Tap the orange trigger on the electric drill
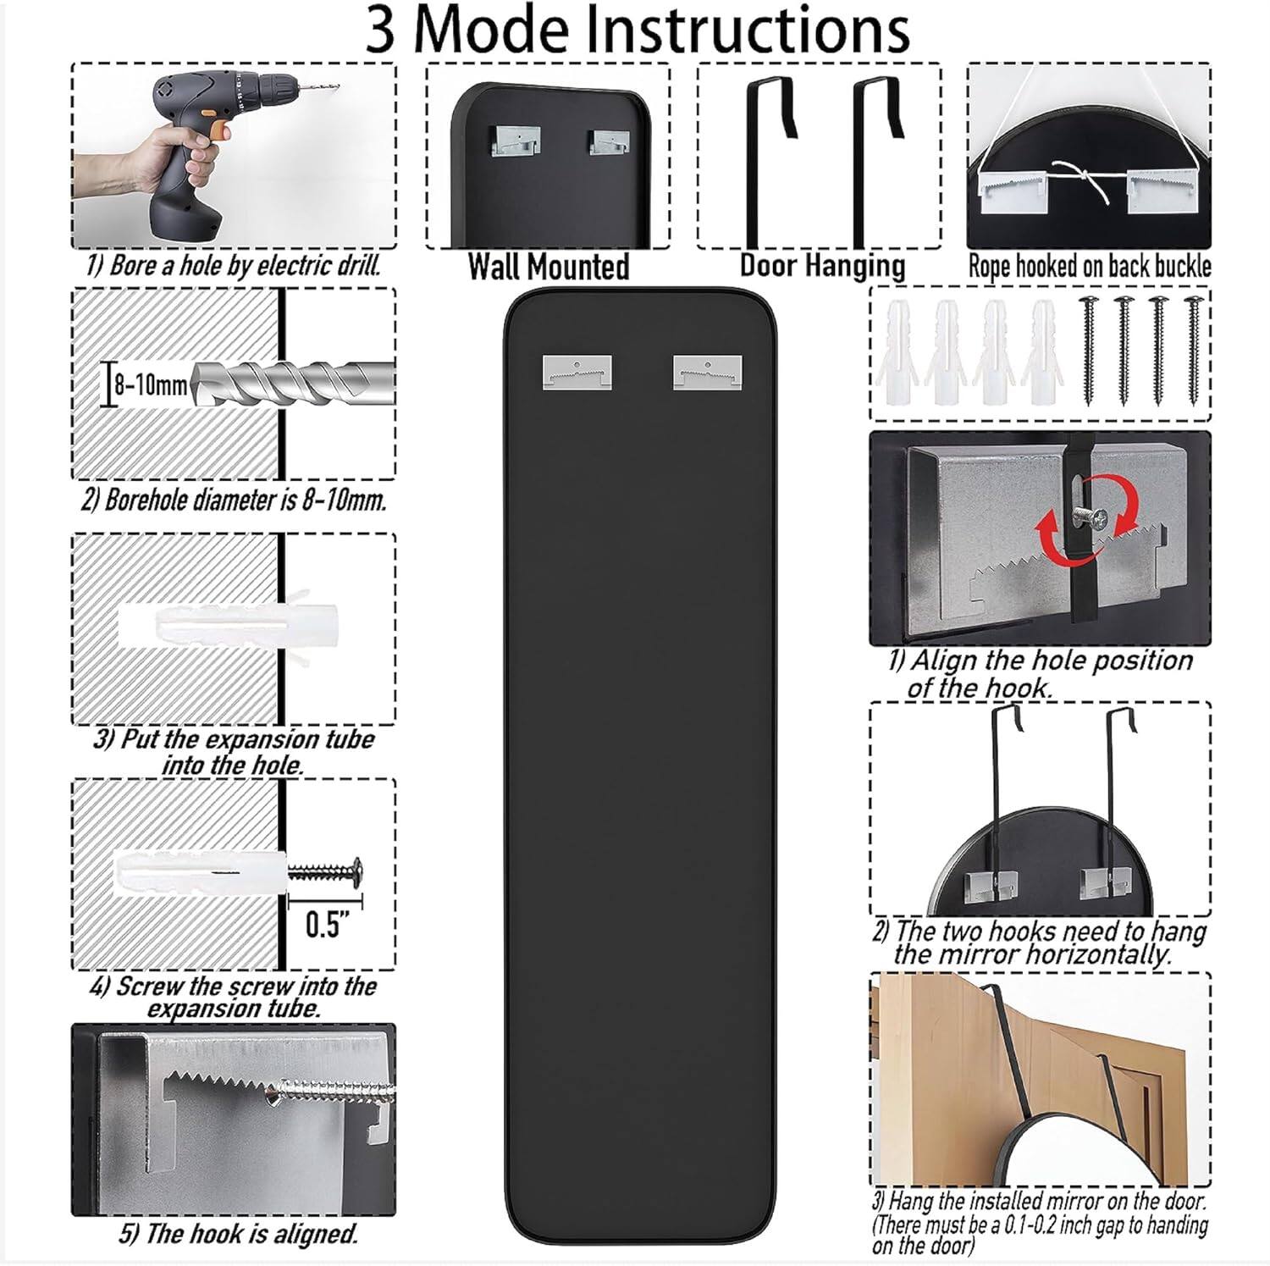point(218,130)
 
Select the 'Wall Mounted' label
point(549,267)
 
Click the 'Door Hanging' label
point(822,265)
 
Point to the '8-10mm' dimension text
point(151,386)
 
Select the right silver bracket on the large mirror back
point(707,372)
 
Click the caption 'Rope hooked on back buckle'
point(1089,267)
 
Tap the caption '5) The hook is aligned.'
point(238,1234)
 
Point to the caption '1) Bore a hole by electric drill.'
point(233,266)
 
